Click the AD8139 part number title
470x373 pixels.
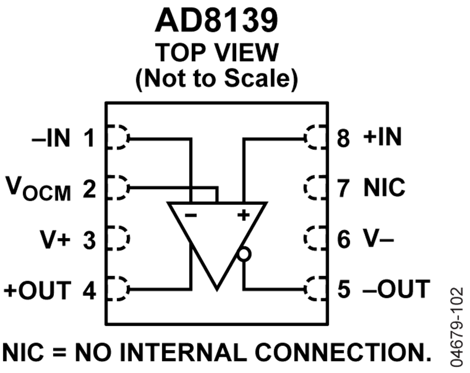pyautogui.click(x=216, y=20)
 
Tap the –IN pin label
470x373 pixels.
pyautogui.click(x=51, y=137)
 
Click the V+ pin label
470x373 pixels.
pyautogui.click(x=55, y=239)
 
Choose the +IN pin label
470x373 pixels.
pyautogui.click(x=382, y=137)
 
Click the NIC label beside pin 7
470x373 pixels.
pyautogui.click(x=384, y=187)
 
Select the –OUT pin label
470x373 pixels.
pyautogui.click(x=396, y=289)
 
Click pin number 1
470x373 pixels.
pyautogui.click(x=89, y=137)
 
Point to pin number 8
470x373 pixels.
pyautogui.click(x=343, y=137)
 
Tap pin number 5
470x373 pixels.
pyautogui.click(x=344, y=289)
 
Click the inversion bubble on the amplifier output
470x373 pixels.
pyautogui.click(x=244, y=254)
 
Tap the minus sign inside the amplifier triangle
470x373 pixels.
pyautogui.click(x=191, y=215)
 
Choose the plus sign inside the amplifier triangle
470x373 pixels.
pyautogui.click(x=243, y=215)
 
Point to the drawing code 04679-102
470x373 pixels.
pyautogui.click(x=457, y=327)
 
